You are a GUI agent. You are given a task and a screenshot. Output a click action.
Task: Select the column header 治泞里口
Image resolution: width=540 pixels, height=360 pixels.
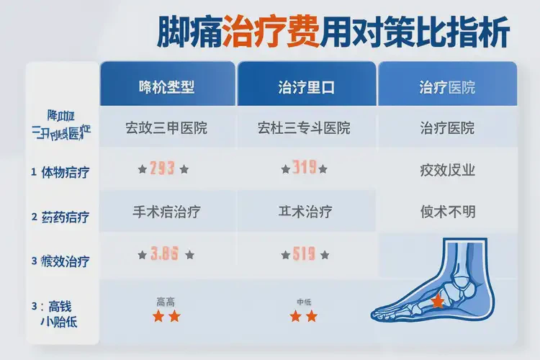(306, 89)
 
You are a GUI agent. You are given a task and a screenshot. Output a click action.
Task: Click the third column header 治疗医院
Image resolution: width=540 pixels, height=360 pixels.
(447, 89)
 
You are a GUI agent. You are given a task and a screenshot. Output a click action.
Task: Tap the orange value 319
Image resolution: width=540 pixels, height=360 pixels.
(305, 169)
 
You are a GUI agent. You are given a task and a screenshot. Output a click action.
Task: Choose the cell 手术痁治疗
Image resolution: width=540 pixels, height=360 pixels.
(166, 212)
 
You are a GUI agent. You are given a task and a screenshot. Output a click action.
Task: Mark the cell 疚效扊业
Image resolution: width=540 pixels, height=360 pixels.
(447, 171)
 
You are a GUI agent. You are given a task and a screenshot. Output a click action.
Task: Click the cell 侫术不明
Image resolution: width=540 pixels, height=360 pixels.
(447, 212)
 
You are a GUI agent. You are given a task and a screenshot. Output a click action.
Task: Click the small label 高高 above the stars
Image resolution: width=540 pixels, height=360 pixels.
(166, 302)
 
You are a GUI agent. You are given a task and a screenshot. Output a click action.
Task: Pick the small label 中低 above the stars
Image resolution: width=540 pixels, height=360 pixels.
(304, 302)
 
